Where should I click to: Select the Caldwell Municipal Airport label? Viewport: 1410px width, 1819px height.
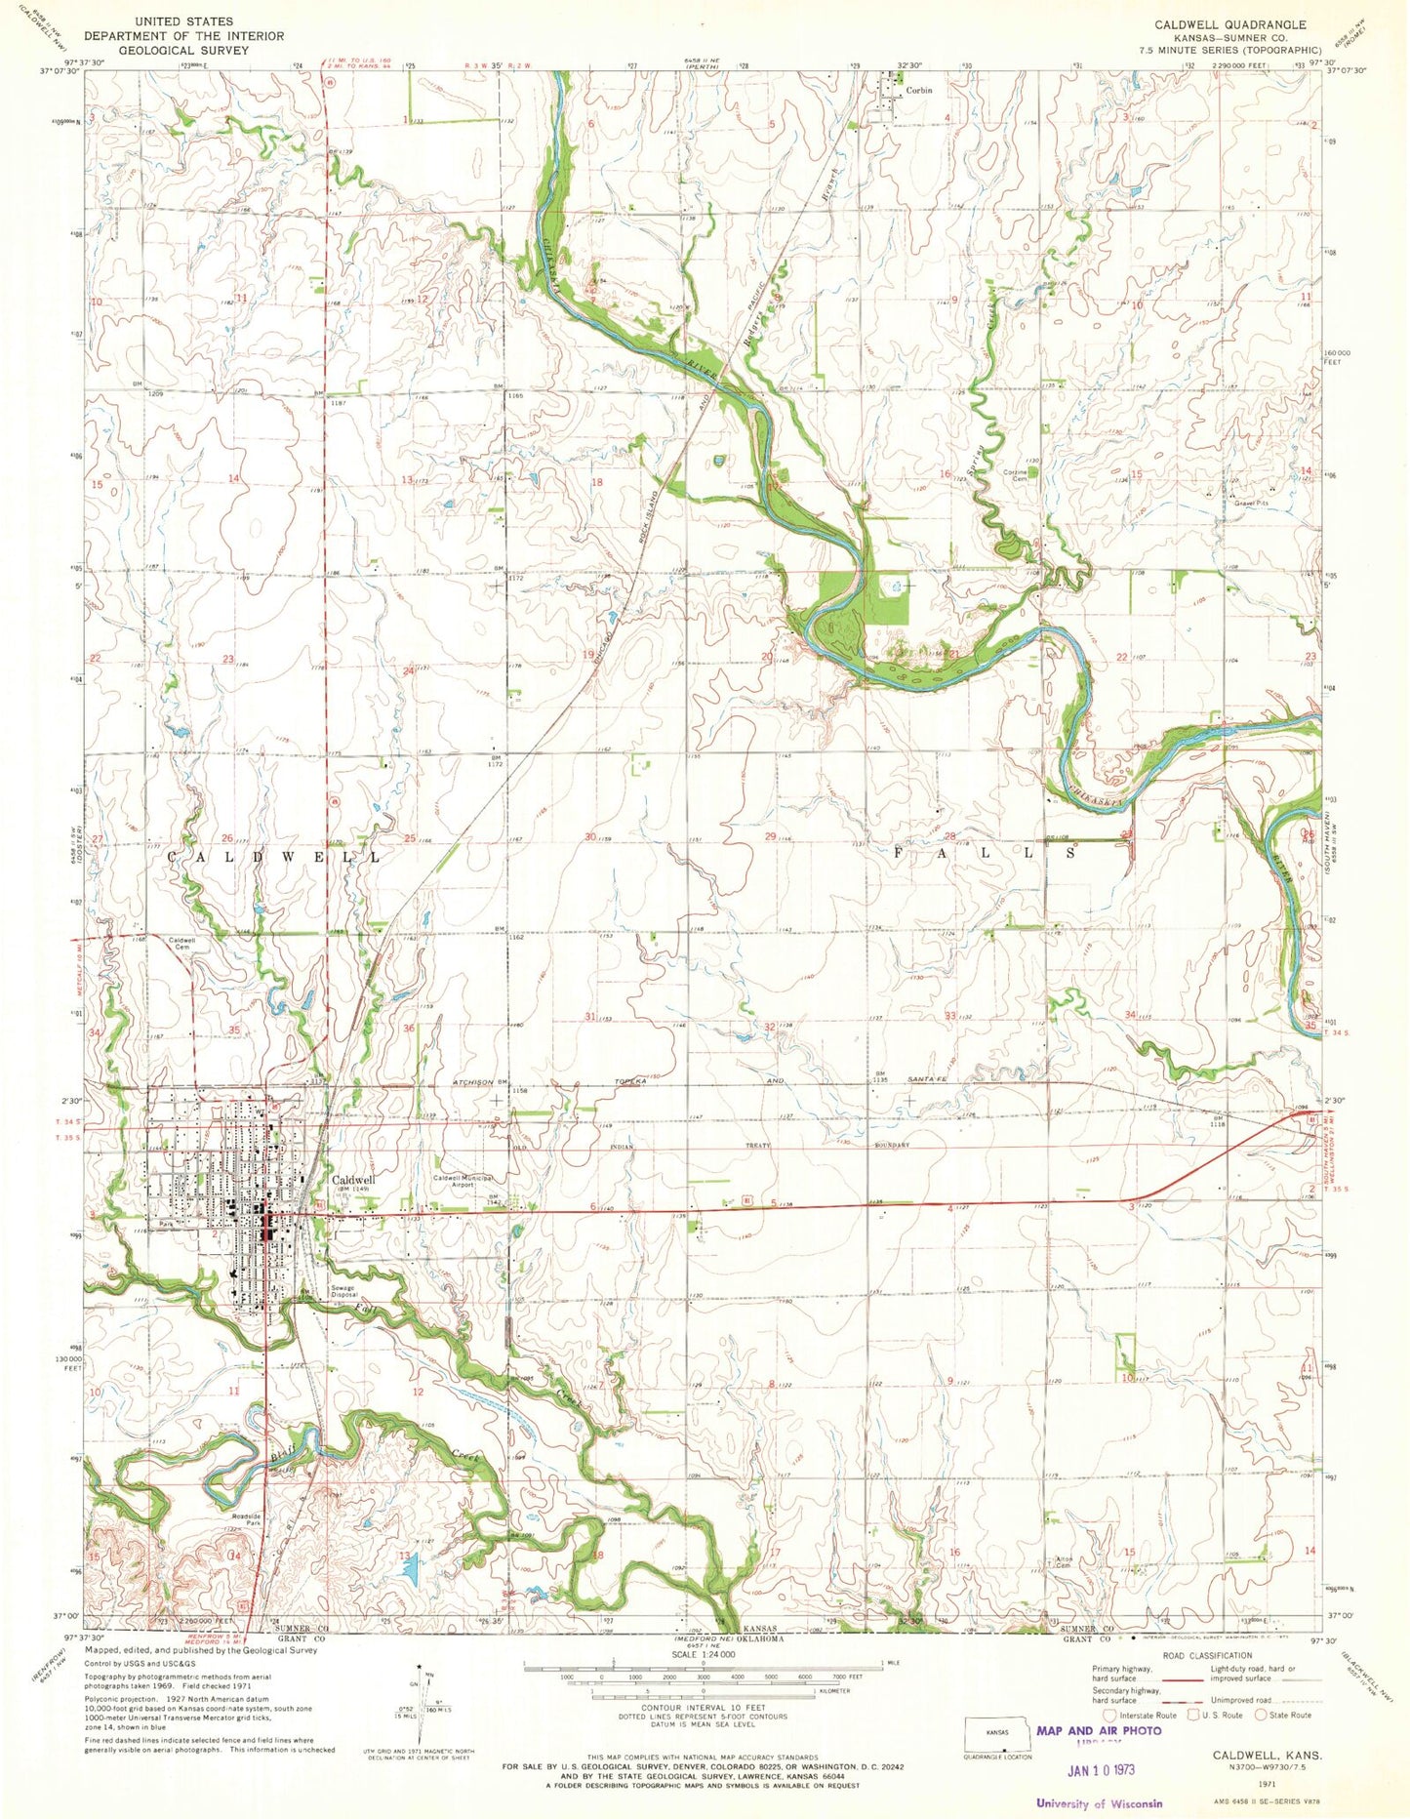(467, 1182)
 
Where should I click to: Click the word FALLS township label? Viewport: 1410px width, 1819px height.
(987, 852)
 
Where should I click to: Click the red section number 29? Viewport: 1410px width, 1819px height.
(771, 837)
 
